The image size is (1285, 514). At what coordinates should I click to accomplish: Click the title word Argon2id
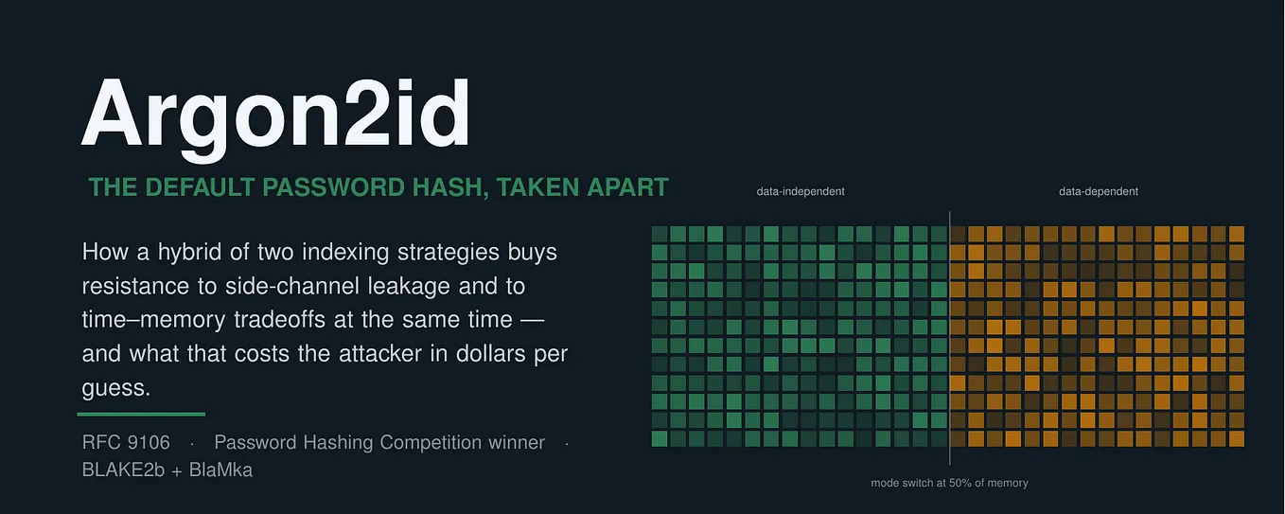coord(275,118)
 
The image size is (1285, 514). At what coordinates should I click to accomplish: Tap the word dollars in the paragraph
coord(491,353)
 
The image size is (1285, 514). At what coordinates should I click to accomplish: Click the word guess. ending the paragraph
coord(115,388)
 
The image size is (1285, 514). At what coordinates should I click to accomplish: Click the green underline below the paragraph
coord(141,414)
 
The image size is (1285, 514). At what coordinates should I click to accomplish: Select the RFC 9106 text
coord(126,442)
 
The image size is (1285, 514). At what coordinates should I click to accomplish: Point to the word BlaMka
coord(220,470)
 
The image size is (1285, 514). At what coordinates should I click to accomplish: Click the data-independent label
coord(801,191)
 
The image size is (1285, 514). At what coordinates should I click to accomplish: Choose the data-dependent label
coord(1099,191)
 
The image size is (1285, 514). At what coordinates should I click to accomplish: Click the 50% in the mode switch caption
coord(960,483)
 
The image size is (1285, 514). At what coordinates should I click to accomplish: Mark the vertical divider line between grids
coord(949,338)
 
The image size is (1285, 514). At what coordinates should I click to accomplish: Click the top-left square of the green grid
coord(660,234)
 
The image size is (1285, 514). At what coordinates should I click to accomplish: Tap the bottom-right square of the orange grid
coord(1236,439)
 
